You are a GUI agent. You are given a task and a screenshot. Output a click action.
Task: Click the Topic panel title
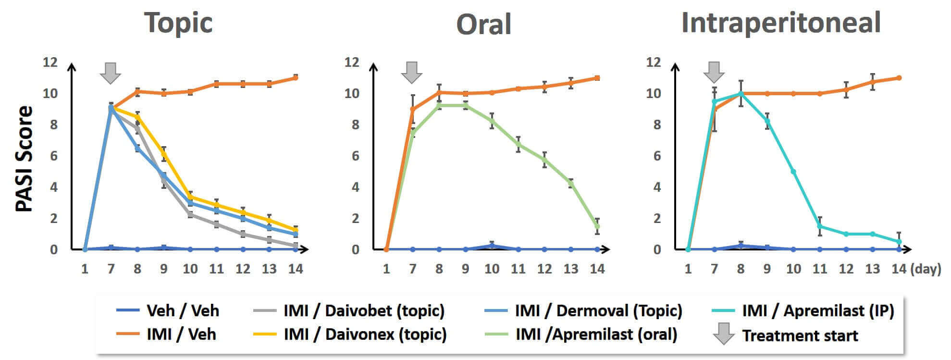178,23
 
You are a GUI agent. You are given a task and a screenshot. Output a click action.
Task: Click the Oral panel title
483,24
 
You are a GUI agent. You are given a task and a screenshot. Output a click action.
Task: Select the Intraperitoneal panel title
781,23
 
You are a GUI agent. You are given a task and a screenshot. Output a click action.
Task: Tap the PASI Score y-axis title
24,159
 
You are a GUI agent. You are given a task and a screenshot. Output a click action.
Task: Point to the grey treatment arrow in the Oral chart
412,73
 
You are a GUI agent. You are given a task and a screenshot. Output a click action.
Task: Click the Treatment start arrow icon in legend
723,334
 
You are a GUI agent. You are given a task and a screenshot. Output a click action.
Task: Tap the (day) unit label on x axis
926,269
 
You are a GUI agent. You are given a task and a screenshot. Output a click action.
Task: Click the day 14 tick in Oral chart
597,269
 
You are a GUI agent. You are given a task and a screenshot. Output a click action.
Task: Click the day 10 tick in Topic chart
190,269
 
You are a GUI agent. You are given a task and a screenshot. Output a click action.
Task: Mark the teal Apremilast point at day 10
793,172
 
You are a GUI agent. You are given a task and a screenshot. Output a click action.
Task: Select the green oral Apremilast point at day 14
597,226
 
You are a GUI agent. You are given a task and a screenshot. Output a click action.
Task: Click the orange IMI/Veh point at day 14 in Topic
296,77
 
